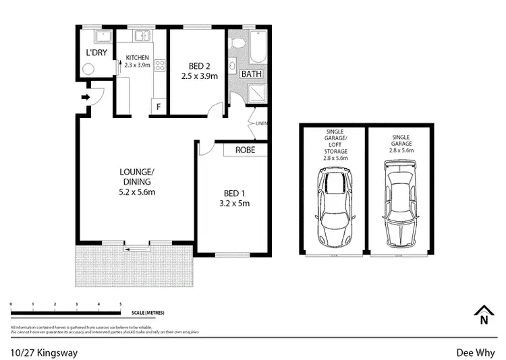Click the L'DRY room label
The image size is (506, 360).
click(96, 52)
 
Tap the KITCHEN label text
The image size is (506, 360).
click(138, 58)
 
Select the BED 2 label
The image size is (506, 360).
click(197, 66)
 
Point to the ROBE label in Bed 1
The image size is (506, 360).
click(245, 150)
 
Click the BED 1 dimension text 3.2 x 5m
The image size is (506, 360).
click(231, 203)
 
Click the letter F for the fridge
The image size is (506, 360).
click(159, 107)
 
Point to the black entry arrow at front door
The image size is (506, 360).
click(85, 98)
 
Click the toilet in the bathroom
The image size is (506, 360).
click(237, 43)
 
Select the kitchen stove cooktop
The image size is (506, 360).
click(161, 66)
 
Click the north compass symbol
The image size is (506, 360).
click(482, 315)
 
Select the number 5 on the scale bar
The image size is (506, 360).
click(121, 305)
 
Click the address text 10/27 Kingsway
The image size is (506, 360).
click(39, 351)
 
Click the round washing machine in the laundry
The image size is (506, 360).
click(88, 67)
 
